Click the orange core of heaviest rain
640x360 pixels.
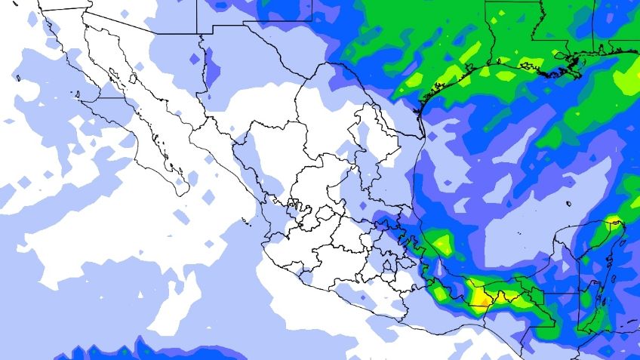(481, 301)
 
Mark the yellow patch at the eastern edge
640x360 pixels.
(629, 76)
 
